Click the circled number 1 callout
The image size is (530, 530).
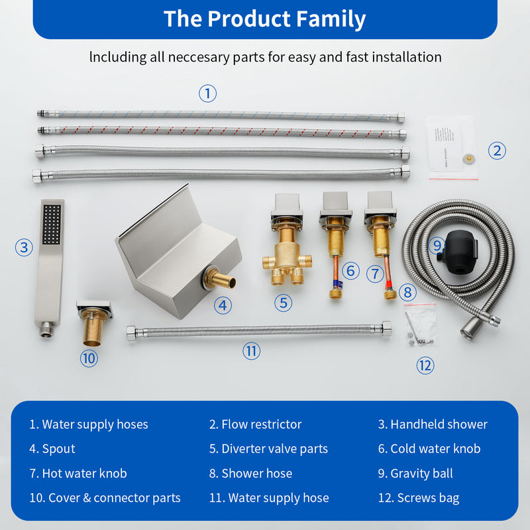pyautogui.click(x=207, y=93)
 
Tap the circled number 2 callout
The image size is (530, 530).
pyautogui.click(x=497, y=150)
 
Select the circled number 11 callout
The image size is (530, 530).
pyautogui.click(x=251, y=351)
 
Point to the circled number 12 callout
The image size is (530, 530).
pyautogui.click(x=425, y=365)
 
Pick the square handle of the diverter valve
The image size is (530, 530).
pyautogui.click(x=287, y=206)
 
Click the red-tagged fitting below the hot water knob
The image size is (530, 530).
pyautogui.click(x=390, y=291)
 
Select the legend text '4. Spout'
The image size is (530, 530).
pyautogui.click(x=52, y=449)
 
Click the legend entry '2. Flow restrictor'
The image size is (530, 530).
pyautogui.click(x=255, y=424)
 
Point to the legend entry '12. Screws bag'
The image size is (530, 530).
pyautogui.click(x=418, y=498)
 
